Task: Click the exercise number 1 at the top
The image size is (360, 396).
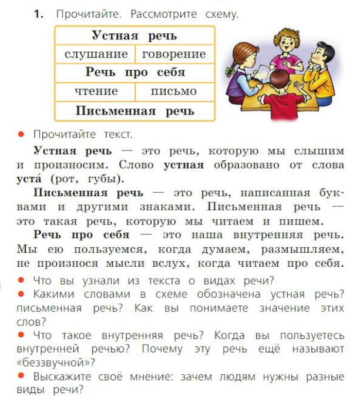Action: [x=38, y=14]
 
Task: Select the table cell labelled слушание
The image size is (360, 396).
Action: [x=96, y=54]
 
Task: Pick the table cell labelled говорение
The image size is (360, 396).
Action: [x=174, y=54]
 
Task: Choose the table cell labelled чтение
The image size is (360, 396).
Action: [x=96, y=91]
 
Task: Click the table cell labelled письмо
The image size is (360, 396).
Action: [x=174, y=91]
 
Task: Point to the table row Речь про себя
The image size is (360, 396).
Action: [x=134, y=73]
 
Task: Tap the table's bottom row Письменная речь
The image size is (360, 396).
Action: [x=134, y=110]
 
